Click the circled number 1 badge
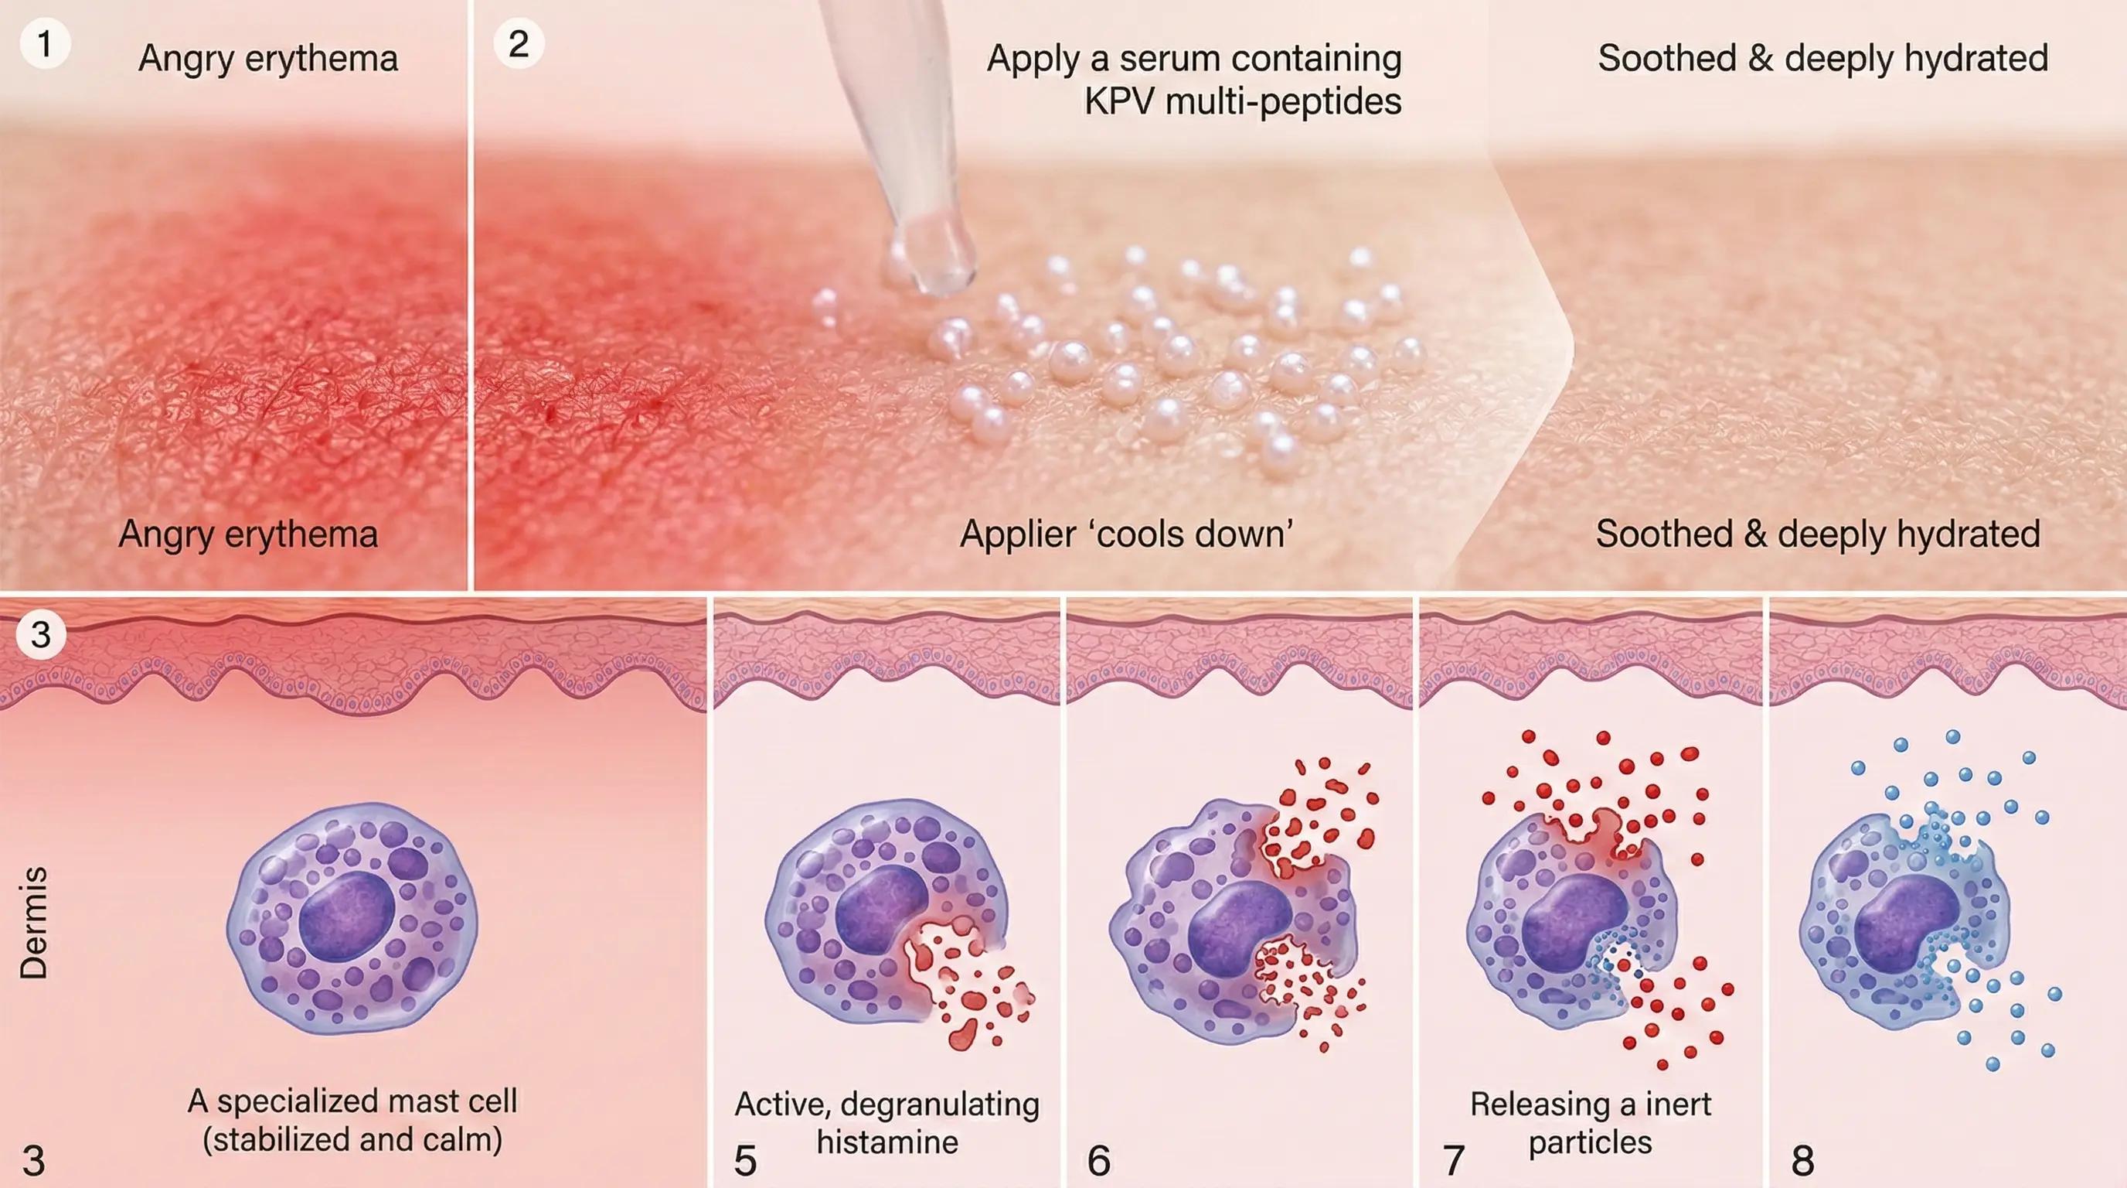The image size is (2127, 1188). (x=45, y=44)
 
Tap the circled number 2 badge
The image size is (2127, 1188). (x=519, y=44)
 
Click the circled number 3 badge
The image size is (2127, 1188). (x=40, y=634)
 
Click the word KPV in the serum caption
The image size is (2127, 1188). (x=1111, y=102)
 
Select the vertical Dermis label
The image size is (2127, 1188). (x=34, y=923)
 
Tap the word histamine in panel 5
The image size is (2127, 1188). (x=887, y=1142)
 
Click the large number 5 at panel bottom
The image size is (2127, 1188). (x=745, y=1161)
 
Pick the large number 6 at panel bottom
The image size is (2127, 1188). (x=1099, y=1161)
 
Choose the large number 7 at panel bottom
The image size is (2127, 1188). (x=1453, y=1161)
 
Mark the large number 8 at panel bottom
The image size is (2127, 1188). (x=1802, y=1161)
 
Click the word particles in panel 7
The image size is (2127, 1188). (x=1591, y=1142)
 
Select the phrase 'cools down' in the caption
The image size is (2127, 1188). (x=1193, y=534)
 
